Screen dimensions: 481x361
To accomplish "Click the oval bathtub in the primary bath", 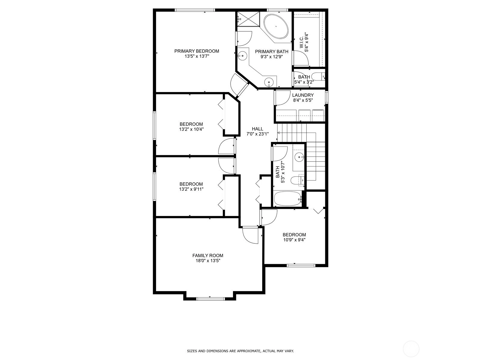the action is [276, 26].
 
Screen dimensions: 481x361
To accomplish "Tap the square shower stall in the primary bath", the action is [248, 19].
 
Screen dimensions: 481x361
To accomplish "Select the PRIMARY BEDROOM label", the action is [197, 51].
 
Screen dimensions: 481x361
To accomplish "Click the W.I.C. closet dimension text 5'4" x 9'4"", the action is [306, 42].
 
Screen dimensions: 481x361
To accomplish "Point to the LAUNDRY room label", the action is [303, 95].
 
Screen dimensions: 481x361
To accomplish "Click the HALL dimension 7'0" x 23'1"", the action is [257, 134].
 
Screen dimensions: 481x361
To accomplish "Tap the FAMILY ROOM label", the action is [208, 255].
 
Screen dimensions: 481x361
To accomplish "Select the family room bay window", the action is [211, 298].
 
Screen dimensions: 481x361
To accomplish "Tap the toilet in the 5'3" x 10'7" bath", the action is [297, 180].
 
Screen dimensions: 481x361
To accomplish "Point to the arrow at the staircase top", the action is [279, 133].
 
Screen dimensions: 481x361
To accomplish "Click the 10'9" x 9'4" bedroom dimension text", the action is [294, 240].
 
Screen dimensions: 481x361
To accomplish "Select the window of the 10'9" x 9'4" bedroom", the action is [301, 265].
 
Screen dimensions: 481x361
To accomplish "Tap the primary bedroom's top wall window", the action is [195, 10].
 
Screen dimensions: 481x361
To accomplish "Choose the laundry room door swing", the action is [283, 98].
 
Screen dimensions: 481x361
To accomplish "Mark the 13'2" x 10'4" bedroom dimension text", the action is [191, 129].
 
